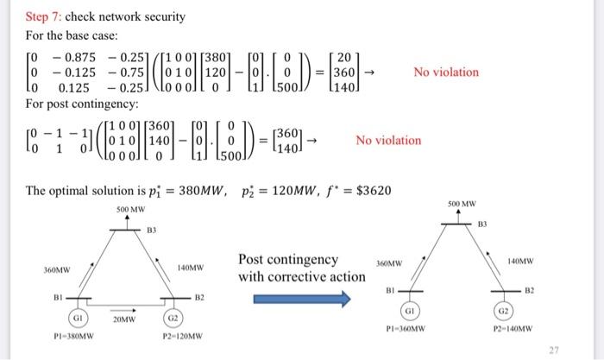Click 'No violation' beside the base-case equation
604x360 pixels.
coord(445,73)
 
